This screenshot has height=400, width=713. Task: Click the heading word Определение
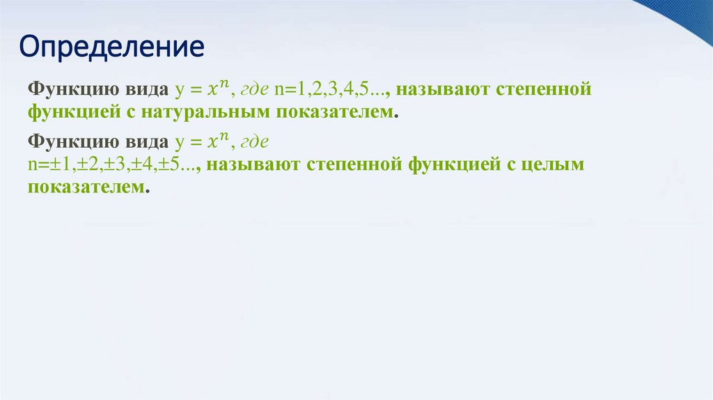pos(111,47)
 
